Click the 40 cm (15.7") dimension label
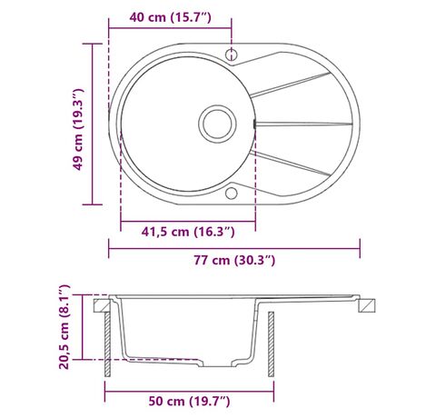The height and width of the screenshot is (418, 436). (x=170, y=17)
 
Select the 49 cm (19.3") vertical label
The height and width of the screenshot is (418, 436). (x=77, y=130)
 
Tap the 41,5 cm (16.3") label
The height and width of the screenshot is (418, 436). (x=188, y=232)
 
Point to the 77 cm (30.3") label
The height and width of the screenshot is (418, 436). (x=234, y=260)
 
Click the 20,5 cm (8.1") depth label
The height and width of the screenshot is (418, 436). (x=64, y=327)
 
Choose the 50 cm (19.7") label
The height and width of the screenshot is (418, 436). (x=189, y=402)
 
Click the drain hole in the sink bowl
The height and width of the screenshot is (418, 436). (x=217, y=124)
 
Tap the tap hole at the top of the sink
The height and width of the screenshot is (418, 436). (x=232, y=54)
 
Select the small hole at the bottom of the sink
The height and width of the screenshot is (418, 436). (x=232, y=193)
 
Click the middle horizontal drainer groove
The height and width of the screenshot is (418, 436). (x=303, y=124)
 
